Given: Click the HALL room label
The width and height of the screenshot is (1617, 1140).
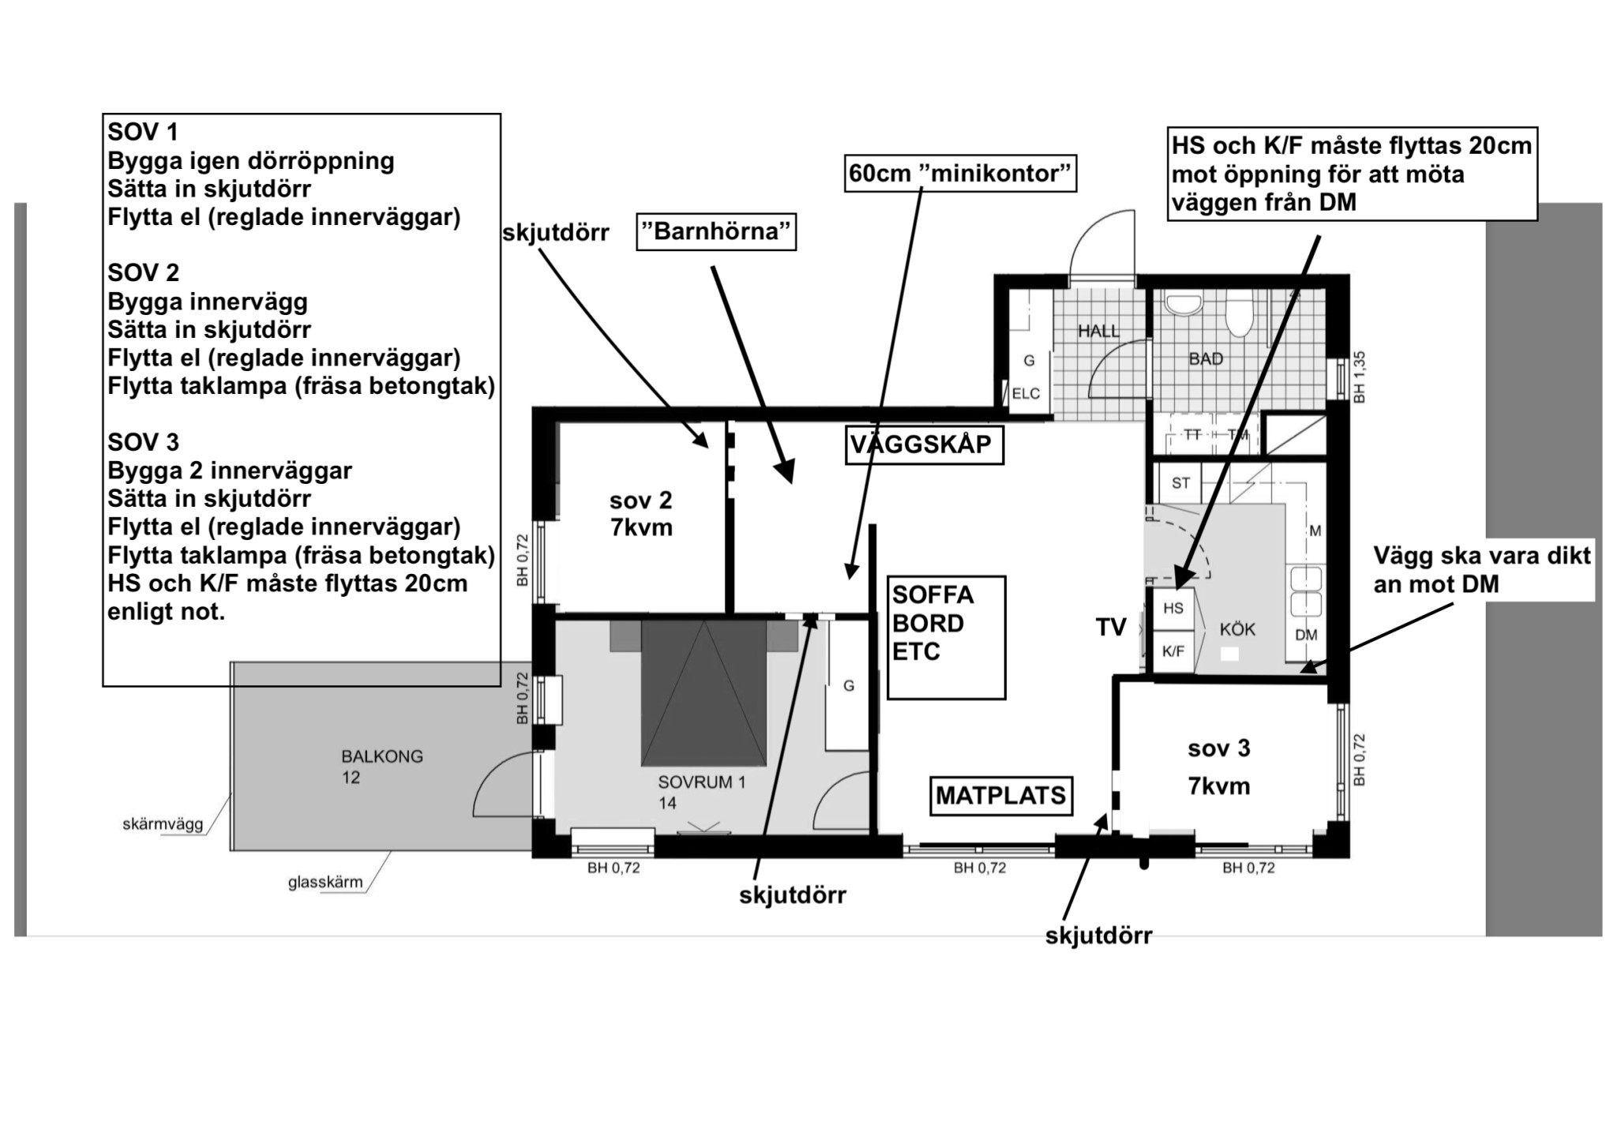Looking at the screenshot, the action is [1098, 332].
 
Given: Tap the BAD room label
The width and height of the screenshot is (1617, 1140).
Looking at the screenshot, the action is [1206, 359].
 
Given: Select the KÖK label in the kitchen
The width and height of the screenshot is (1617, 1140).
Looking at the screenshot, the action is [1237, 630].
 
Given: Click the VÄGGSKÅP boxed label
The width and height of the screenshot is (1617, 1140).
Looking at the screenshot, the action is [921, 444].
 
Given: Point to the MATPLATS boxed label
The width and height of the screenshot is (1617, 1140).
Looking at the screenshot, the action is [1001, 795].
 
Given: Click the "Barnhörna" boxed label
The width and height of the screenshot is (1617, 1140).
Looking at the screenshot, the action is [717, 232].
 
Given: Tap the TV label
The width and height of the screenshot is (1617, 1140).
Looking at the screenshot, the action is [1111, 628].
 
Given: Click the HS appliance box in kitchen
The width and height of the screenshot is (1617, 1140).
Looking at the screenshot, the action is [1173, 608].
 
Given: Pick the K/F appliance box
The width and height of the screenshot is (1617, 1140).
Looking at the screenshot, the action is [1173, 651].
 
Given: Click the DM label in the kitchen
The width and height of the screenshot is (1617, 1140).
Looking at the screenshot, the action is [1306, 636].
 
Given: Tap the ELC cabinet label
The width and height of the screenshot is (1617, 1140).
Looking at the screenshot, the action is [1026, 394].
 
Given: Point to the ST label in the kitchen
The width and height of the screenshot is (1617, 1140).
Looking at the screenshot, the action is [1180, 483].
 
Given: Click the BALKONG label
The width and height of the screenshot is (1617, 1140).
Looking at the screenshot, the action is [382, 756].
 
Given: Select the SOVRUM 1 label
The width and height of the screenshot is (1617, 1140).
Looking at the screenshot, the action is [702, 783].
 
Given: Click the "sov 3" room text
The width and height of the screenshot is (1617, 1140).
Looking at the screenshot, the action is [1219, 748].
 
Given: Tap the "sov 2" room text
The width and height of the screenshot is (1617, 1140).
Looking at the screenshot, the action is [640, 501].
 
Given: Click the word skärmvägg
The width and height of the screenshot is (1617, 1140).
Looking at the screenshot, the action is [163, 825].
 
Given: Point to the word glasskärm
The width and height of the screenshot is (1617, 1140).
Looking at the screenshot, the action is [325, 883].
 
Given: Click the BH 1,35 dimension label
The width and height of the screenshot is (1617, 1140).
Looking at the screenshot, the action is [1359, 377].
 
